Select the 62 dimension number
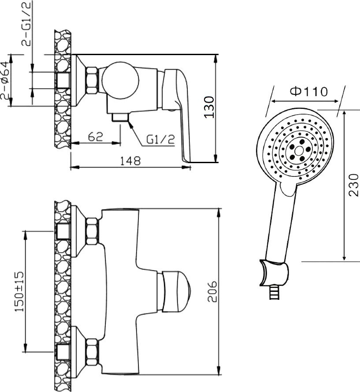(x=96, y=136)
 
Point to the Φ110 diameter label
(x=309, y=91)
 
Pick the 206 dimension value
(x=212, y=291)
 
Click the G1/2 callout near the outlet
(x=161, y=140)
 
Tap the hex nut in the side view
(x=92, y=81)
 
